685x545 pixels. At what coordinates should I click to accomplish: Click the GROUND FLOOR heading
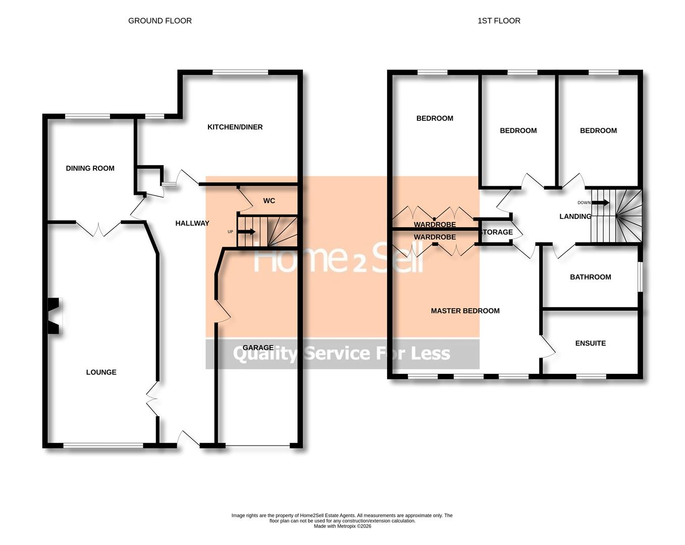coord(160,21)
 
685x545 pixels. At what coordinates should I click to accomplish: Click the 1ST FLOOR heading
coord(499,21)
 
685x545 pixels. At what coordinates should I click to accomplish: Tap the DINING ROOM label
coord(90,168)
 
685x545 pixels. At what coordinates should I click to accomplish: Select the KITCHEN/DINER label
coord(235,127)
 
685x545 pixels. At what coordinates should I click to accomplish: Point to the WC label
coord(269,200)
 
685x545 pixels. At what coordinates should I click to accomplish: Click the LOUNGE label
coord(101,372)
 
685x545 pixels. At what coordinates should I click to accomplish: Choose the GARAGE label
coord(258,347)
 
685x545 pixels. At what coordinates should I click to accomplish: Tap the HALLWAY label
coord(192,223)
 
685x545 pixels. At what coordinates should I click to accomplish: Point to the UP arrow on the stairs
coord(246,232)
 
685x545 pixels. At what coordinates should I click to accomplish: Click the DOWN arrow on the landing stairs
coord(600,203)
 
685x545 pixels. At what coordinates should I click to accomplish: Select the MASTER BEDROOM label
coord(465,311)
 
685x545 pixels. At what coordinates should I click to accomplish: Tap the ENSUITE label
coord(590,343)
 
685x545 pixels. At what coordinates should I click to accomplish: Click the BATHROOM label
coord(590,277)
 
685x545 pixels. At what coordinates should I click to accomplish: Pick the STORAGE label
coord(497,232)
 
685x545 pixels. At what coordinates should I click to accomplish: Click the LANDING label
coord(575,216)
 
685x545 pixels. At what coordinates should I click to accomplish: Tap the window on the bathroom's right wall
coord(640,276)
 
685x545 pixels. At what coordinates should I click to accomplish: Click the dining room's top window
coord(87,117)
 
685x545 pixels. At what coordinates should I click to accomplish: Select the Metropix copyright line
coord(342,526)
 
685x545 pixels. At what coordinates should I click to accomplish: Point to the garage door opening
coord(257,446)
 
